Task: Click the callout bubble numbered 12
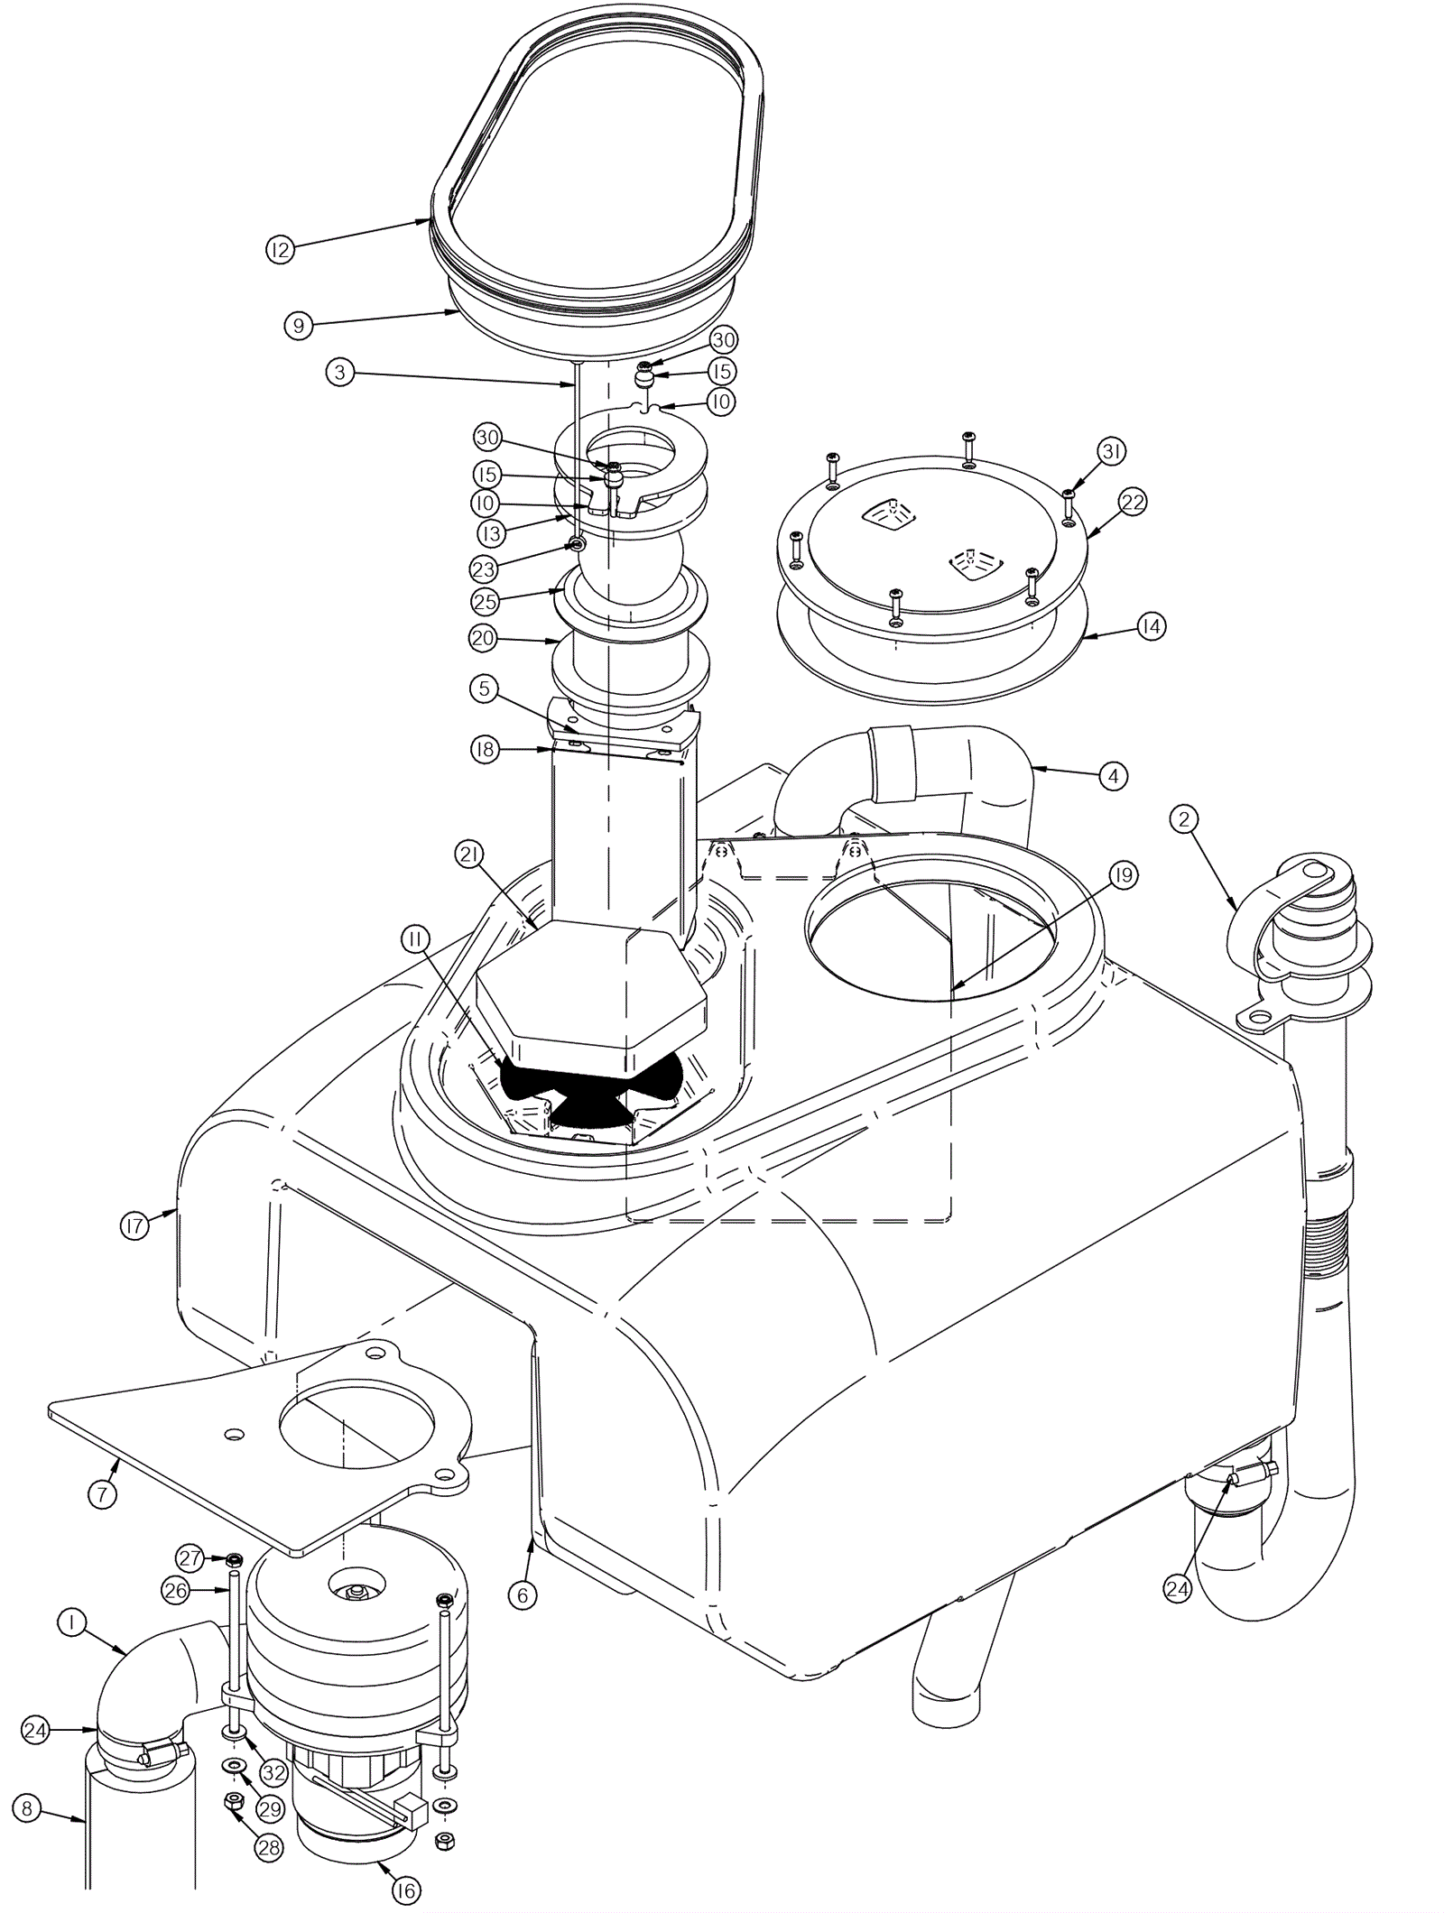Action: [280, 249]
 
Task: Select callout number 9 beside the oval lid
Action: [299, 325]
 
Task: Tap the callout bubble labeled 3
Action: [339, 374]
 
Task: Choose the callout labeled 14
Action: [1151, 626]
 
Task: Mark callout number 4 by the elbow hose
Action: [1113, 775]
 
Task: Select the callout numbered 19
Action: [1125, 874]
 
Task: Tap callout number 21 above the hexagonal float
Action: [469, 855]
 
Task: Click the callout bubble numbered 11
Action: [415, 939]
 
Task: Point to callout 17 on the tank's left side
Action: [134, 1225]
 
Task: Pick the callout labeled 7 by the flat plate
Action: [102, 1494]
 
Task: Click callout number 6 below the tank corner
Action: [522, 1595]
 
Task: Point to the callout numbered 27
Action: [190, 1558]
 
